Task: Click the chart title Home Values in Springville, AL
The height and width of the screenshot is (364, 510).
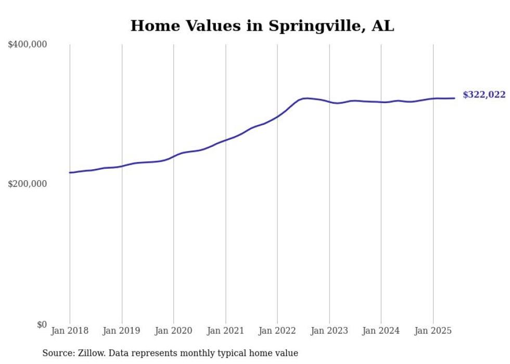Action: [x=262, y=26]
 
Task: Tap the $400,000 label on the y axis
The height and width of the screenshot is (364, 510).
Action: [x=28, y=45]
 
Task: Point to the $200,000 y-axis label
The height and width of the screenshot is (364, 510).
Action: [x=28, y=184]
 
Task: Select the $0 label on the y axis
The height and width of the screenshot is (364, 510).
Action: [x=42, y=324]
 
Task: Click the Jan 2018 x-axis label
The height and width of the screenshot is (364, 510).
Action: [x=70, y=331]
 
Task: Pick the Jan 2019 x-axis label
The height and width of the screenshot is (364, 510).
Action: [x=122, y=331]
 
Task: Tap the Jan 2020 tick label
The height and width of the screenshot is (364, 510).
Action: [x=173, y=331]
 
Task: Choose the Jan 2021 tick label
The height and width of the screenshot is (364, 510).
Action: [x=225, y=331]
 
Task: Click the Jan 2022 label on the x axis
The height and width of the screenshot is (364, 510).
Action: [x=277, y=331]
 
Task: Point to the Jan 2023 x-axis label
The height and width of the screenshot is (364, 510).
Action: [x=329, y=331]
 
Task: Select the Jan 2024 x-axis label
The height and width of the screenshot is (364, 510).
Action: [x=381, y=331]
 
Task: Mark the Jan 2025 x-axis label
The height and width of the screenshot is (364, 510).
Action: [x=433, y=331]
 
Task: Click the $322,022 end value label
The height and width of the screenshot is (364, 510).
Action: [x=484, y=95]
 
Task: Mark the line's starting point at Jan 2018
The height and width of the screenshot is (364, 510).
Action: [x=70, y=172]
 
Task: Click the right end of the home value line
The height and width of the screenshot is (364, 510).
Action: [x=454, y=98]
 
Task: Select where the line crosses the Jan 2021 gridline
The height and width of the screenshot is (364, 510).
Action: [x=225, y=140]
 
